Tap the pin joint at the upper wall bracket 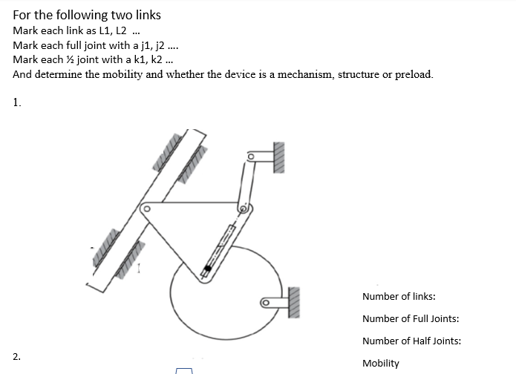[x=251, y=157]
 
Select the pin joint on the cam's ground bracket [x=264, y=302]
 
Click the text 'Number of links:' [x=398, y=297]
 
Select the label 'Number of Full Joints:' [x=411, y=319]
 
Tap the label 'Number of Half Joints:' [x=411, y=341]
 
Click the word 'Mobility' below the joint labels [x=380, y=364]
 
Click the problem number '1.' [x=17, y=103]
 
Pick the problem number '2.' [x=17, y=357]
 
